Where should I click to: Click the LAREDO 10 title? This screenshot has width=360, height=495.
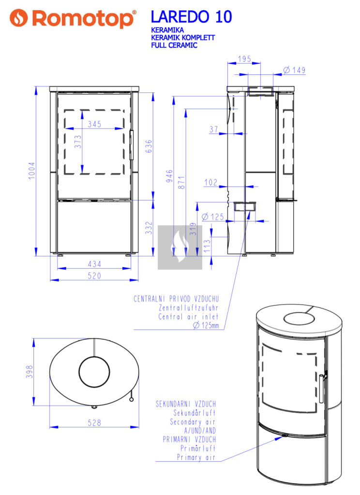tap(191, 17)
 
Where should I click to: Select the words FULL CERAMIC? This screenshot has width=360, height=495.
tap(174, 45)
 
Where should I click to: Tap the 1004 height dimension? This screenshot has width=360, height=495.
tap(31, 171)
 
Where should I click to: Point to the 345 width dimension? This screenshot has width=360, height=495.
tap(94, 124)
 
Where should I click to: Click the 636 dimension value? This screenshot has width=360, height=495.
tap(149, 146)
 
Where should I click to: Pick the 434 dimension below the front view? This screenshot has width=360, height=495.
tap(94, 264)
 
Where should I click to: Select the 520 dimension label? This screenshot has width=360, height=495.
tap(94, 276)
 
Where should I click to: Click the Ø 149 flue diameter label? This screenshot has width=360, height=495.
tap(294, 70)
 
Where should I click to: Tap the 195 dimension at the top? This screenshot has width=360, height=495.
tap(245, 58)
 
